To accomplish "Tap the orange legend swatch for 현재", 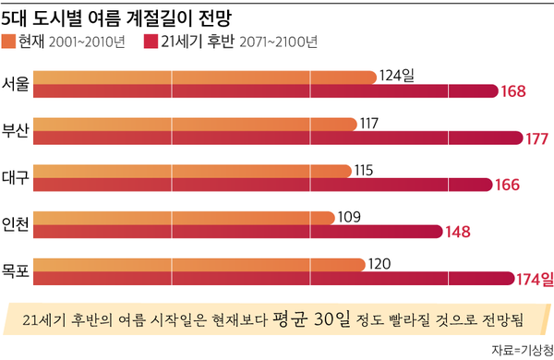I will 10,42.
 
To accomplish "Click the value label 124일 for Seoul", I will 397,76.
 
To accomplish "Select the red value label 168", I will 514,91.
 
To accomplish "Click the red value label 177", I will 537,138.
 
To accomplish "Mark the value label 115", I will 365,169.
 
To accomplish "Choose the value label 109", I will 350,217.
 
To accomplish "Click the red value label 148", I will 459,232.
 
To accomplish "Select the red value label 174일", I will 534,278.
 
